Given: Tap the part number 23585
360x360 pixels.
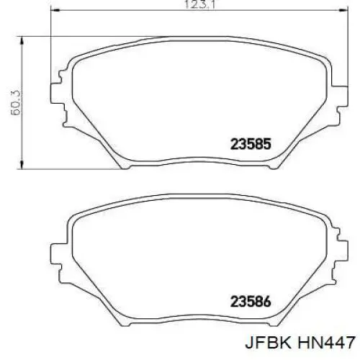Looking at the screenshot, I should (x=251, y=143).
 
